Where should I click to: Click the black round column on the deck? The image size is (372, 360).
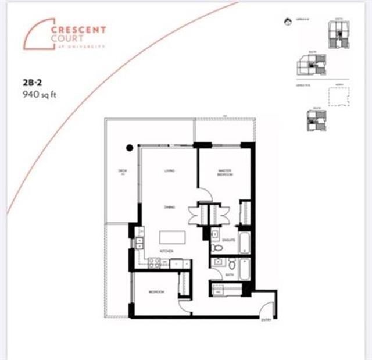tap(130, 148)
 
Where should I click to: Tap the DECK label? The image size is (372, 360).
tap(122, 171)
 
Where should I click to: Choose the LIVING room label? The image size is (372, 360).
tap(169, 170)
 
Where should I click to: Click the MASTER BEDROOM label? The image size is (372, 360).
tap(225, 173)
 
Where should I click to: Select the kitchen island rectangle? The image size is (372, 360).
tap(173, 238)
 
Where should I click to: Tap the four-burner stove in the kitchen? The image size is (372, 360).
tap(155, 263)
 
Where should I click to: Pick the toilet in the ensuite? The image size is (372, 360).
tap(217, 247)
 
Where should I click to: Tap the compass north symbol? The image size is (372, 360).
tap(287, 23)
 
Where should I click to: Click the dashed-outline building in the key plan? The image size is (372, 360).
tap(339, 97)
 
